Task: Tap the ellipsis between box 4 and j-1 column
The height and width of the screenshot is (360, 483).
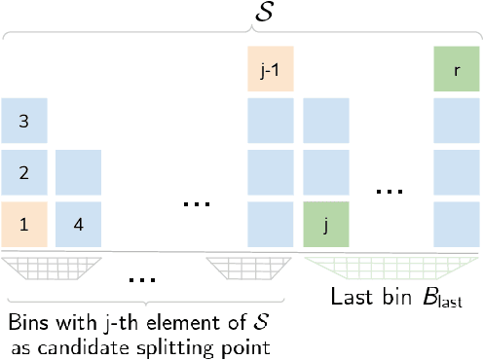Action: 198,204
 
